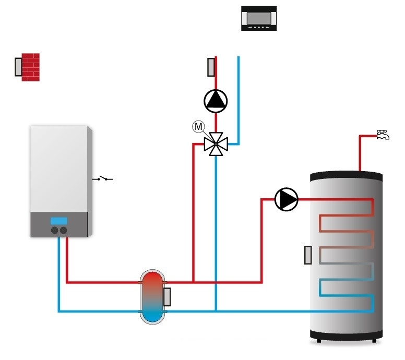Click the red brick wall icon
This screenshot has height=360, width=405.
30,67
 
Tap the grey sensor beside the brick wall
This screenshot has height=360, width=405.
18,67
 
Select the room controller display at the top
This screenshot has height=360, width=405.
258,18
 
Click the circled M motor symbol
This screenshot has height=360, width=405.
198,126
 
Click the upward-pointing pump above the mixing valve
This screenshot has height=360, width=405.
216,101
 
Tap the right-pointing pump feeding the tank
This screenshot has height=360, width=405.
286,199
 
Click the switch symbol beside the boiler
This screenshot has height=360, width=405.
103,179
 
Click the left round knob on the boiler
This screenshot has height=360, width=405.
54,230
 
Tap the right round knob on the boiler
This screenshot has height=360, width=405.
63,230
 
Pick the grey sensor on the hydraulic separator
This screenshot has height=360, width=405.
167,297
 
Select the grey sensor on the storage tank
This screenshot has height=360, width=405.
308,255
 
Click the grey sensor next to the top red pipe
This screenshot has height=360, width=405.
211,67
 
